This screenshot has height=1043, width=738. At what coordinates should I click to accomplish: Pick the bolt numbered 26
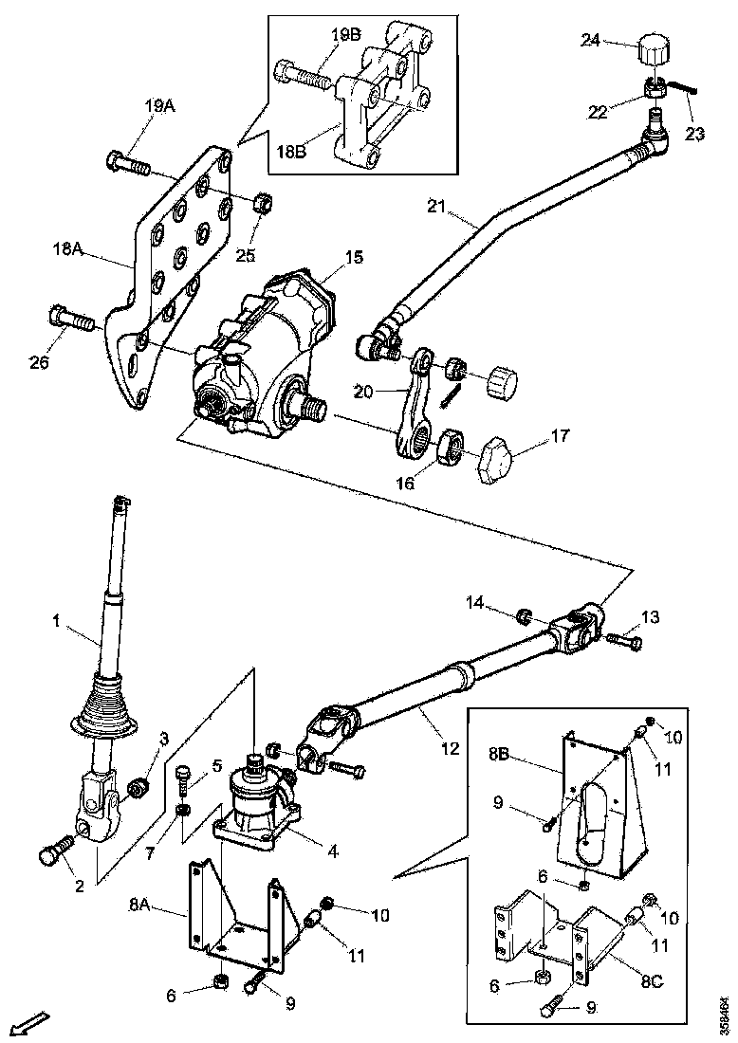pos(71,318)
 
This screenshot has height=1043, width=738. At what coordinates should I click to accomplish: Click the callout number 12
pos(450,748)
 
